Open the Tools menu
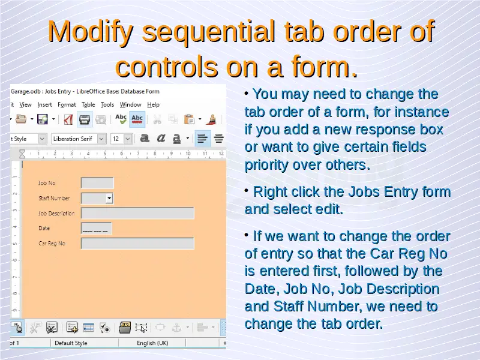coord(107,104)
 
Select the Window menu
coord(130,104)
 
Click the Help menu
coord(154,104)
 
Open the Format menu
coord(67,104)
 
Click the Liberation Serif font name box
coord(75,139)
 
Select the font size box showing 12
coord(118,139)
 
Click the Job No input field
coord(97,183)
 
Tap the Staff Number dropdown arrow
coord(109,199)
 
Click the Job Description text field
coord(137,213)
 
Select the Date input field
coord(97,229)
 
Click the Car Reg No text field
coord(137,244)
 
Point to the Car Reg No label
coord(52,244)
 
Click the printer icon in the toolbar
coord(85,119)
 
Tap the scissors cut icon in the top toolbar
coord(157,119)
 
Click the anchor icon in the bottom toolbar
coord(176,328)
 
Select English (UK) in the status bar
coord(152,343)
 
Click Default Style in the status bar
coord(71,343)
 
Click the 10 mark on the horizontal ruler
coord(188,153)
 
